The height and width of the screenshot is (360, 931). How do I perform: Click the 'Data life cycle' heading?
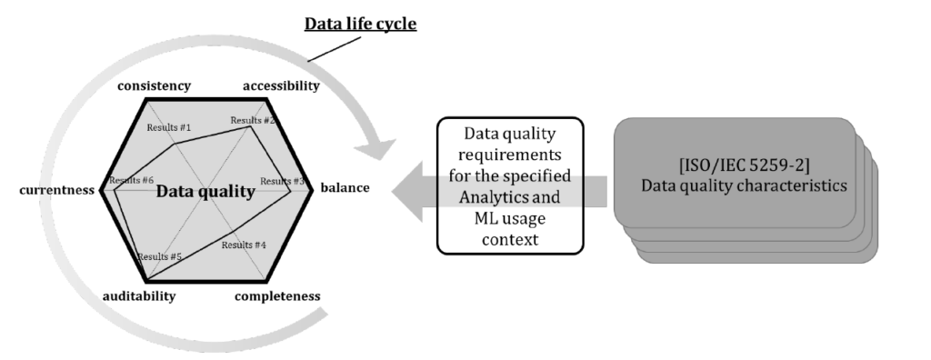[x=360, y=24]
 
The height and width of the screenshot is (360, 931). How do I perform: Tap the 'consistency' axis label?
[x=155, y=86]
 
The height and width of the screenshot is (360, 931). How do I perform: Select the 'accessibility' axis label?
[x=282, y=86]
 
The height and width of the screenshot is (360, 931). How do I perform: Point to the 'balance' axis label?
[x=345, y=187]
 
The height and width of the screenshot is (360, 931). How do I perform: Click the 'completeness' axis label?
[x=277, y=295]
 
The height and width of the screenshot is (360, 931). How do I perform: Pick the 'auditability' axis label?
[x=139, y=295]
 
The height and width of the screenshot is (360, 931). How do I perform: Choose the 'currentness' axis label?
[x=57, y=190]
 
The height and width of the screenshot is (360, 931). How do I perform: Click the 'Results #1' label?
[x=169, y=127]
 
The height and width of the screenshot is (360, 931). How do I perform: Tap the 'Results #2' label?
[x=253, y=121]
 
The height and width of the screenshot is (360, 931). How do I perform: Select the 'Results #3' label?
[x=282, y=181]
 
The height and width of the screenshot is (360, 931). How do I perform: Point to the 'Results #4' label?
[x=244, y=245]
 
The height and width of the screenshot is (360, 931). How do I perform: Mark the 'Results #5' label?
[x=160, y=256]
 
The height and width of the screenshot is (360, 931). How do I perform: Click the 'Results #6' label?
[x=131, y=180]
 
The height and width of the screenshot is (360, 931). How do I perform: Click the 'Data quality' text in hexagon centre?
[x=205, y=191]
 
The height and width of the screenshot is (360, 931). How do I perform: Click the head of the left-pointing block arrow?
[x=407, y=191]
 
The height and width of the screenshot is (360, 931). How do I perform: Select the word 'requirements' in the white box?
[x=510, y=155]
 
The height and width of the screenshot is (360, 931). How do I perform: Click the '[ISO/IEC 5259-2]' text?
[x=744, y=165]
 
